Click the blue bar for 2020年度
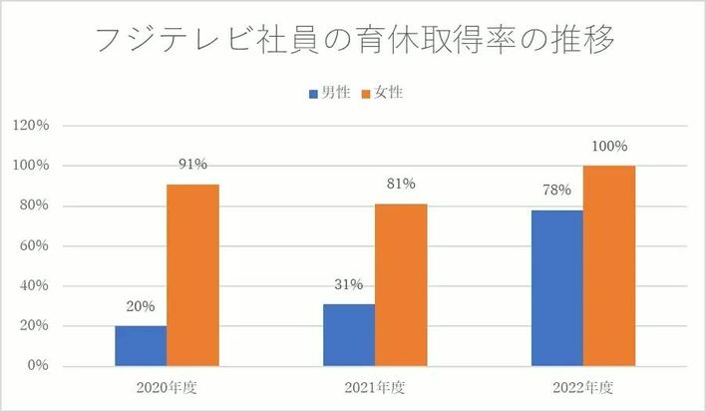141,345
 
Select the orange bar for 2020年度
192,274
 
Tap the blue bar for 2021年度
349,334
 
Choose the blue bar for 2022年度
556,287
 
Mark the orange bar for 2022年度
608,265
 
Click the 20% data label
141,307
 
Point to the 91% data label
193,165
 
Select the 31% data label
349,284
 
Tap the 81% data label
401,185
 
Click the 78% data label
556,191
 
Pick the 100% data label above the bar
608,146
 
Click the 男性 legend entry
329,93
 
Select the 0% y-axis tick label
39,366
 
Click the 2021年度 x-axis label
375,387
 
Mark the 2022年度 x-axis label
582,387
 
